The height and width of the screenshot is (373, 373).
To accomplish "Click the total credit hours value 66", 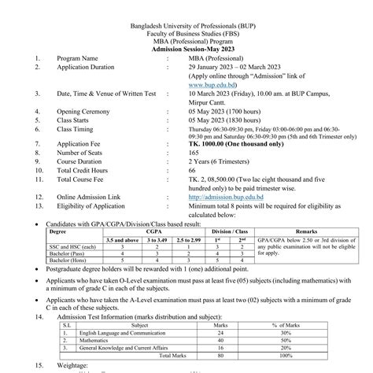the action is point(192,171).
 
